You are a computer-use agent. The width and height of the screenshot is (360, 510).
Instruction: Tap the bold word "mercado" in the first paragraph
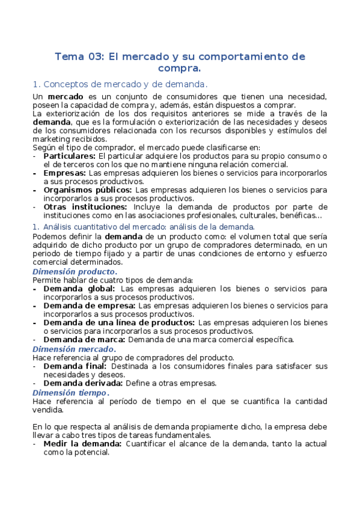(x=66, y=97)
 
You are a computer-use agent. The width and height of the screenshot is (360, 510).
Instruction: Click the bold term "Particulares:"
(x=69, y=156)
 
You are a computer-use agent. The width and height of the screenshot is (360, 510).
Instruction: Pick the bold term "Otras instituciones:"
(x=85, y=207)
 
